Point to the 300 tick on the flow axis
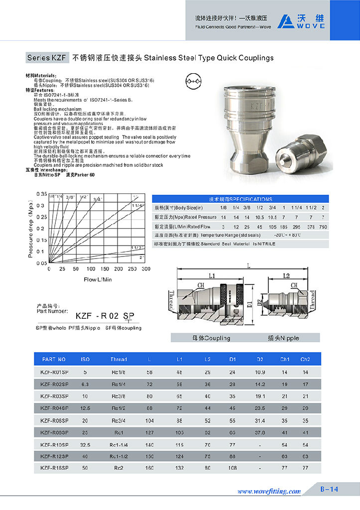(145, 269)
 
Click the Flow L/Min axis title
(98, 279)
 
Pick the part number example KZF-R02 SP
(105, 315)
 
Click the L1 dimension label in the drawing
(212, 275)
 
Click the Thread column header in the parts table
(119, 359)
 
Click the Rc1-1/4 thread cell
(119, 444)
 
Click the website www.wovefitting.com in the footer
(269, 492)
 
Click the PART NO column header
(54, 359)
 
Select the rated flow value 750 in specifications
(323, 226)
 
